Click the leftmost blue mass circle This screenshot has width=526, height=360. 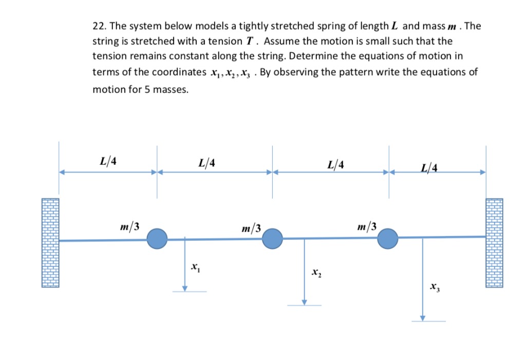coord(157,238)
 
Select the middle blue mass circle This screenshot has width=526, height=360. coord(273,238)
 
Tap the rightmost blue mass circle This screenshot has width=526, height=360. coord(388,238)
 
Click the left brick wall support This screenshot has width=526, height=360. coord(50,242)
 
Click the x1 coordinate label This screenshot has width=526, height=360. coord(195,267)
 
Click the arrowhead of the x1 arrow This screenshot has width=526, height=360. coord(184,288)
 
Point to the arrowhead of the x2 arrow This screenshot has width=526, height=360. coord(304,302)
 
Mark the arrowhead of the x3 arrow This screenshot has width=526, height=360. coord(423,318)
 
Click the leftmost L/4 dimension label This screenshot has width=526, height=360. coord(108,161)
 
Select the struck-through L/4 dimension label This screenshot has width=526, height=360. coord(429,167)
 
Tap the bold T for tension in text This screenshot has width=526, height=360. coord(251,41)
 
